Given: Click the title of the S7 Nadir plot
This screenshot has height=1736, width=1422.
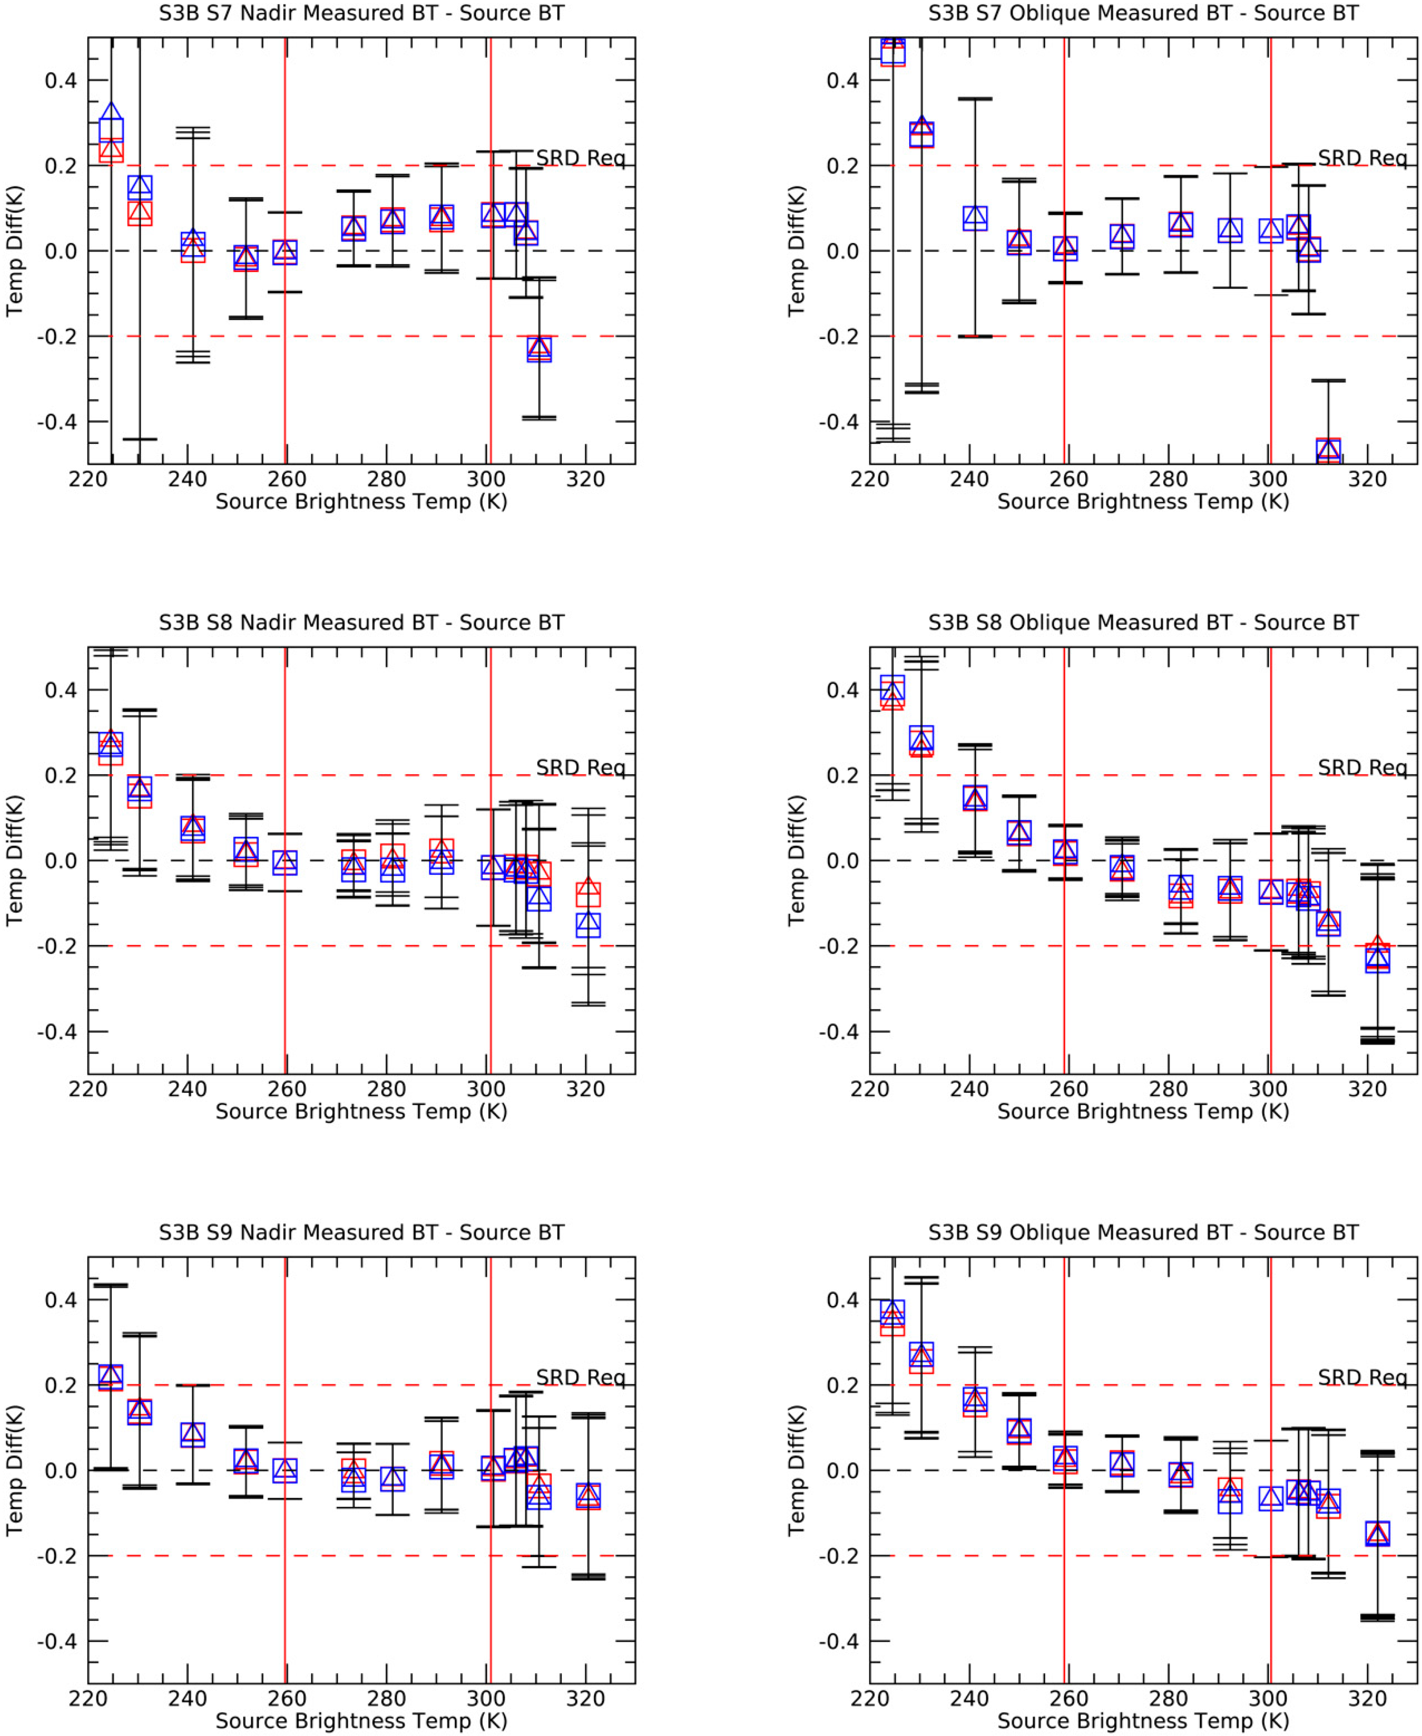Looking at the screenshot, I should (361, 13).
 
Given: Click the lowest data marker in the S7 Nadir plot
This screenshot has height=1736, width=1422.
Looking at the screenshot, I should (539, 349).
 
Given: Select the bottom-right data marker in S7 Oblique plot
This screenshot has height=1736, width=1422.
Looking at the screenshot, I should (1328, 450).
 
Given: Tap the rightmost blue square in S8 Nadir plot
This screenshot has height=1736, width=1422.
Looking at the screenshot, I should (588, 924).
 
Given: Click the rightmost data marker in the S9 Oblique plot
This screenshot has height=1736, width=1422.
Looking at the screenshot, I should (1378, 1533).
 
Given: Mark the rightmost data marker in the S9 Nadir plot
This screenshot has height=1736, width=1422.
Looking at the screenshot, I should (588, 1496).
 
